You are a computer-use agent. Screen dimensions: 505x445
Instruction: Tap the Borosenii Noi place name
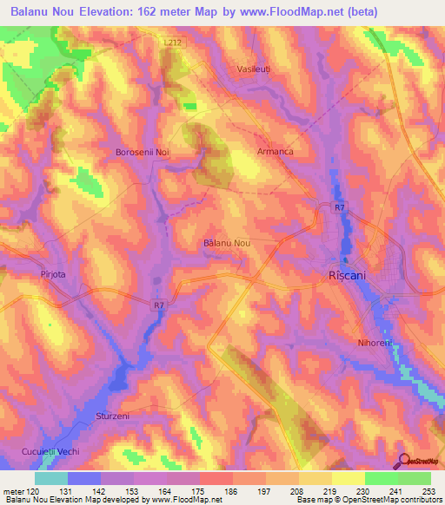[x=142, y=152]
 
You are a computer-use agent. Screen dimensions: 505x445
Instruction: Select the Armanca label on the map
[x=275, y=151]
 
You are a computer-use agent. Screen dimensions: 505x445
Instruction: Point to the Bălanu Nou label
[x=226, y=243]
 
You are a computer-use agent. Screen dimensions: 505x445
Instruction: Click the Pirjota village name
[x=53, y=273]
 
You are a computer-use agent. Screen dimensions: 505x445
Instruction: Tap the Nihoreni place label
[x=375, y=343]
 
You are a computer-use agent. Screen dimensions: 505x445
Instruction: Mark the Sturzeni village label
[x=111, y=416]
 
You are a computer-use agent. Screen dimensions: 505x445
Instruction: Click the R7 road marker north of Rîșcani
[x=341, y=207]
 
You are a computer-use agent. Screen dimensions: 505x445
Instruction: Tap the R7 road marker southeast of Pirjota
[x=157, y=305]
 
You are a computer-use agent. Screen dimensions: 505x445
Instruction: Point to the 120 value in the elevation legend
[x=34, y=493]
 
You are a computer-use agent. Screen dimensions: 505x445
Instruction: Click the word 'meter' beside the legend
[x=12, y=493]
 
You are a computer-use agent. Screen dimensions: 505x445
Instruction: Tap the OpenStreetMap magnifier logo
[x=404, y=462]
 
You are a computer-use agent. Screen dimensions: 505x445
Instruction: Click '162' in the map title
[x=155, y=12]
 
